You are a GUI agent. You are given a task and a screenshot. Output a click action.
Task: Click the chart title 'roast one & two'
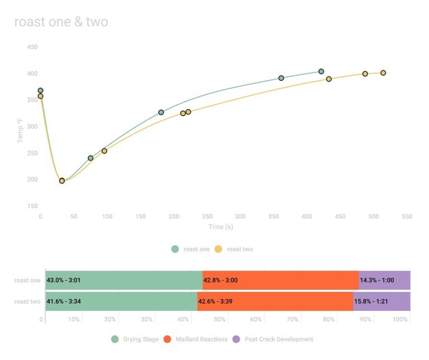[x=61, y=22]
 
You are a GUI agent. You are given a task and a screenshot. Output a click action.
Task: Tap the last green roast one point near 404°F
[x=321, y=71]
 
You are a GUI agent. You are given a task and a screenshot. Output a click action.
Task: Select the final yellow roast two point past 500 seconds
[x=383, y=73]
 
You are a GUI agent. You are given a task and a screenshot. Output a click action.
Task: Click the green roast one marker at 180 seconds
[x=161, y=112]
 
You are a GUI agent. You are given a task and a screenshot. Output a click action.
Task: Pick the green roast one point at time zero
[x=40, y=90]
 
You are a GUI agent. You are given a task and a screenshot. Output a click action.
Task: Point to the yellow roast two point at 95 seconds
[x=104, y=151]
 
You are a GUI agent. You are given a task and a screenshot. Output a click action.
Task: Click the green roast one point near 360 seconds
[x=281, y=78]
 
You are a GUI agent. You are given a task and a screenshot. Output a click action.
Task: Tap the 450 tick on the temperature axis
[x=32, y=47]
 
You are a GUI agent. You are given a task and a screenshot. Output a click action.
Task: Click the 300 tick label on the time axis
[x=240, y=216]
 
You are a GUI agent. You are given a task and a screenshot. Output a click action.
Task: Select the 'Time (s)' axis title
[x=220, y=227]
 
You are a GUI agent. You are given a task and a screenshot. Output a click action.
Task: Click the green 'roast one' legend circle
[x=175, y=249]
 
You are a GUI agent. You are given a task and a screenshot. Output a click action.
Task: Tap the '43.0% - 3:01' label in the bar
[x=64, y=280]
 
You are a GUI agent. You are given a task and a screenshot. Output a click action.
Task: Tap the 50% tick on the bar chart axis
[x=220, y=320]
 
